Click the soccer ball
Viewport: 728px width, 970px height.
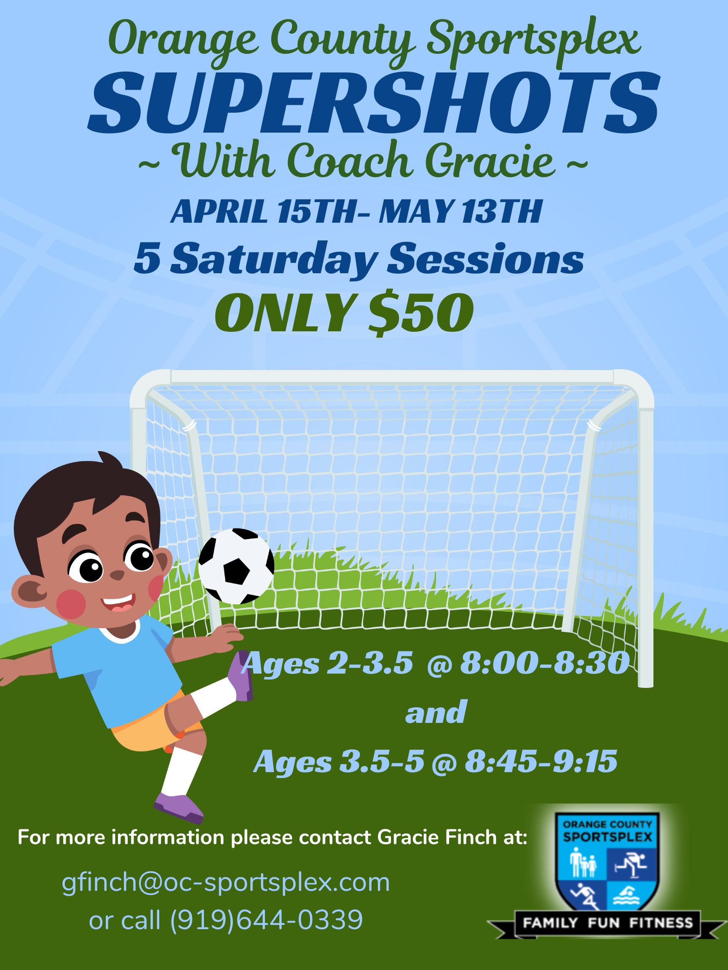coord(236,566)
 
